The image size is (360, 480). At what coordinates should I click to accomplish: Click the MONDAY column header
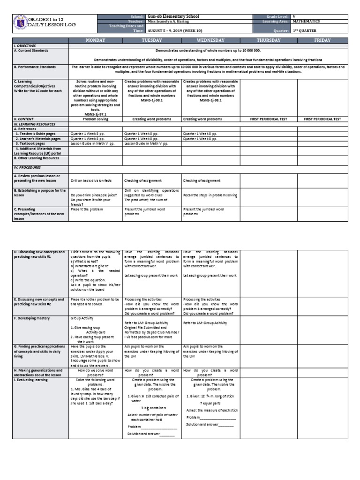[x=96, y=41]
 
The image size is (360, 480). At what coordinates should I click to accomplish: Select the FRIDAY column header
[x=322, y=41]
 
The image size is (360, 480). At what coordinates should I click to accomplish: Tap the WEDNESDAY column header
[x=210, y=41]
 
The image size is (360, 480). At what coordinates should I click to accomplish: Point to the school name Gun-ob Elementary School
[x=173, y=16]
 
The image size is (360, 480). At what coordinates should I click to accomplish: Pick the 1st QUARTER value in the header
[x=304, y=31]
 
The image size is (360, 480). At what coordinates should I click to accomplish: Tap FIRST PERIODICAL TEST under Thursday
[x=268, y=120]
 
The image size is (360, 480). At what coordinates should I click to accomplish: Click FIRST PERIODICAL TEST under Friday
[x=322, y=120]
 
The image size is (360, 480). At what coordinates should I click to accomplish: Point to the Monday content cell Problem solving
[x=96, y=120]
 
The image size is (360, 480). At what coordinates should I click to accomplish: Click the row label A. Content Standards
[x=31, y=50]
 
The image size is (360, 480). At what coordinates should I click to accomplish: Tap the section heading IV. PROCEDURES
[x=28, y=167]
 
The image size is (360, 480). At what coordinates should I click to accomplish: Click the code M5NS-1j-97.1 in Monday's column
[x=96, y=114]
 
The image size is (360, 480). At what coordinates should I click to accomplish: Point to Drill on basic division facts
[x=91, y=180]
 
